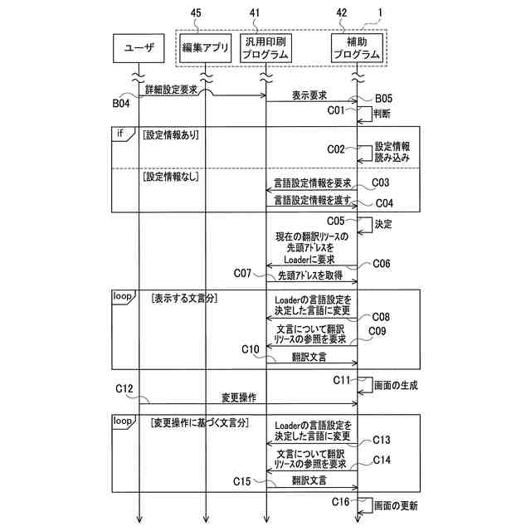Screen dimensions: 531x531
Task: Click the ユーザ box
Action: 139,48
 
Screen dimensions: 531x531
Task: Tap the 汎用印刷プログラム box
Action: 265,48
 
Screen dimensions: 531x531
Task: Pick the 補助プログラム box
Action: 357,48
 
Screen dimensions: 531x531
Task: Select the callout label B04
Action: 121,103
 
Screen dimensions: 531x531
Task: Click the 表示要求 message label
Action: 309,95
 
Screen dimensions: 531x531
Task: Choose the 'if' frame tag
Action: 120,133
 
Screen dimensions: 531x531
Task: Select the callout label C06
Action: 380,263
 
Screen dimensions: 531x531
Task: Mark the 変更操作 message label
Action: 238,397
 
